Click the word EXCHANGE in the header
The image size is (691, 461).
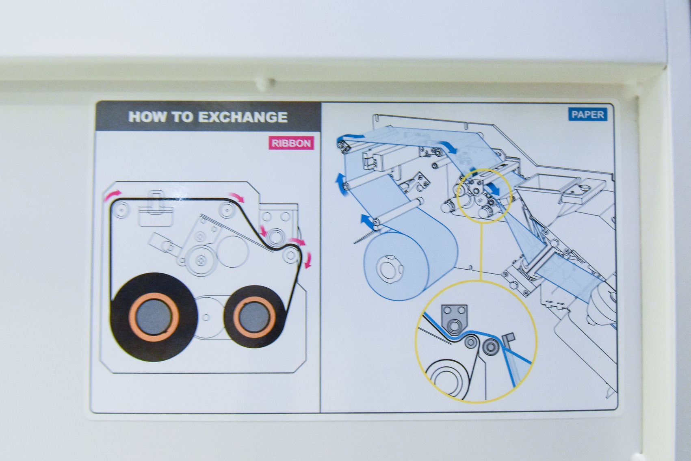(243, 117)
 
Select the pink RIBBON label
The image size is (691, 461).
(291, 143)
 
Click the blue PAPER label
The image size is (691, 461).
(587, 115)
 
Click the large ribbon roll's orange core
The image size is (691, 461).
(154, 316)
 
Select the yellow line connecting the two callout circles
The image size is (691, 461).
(481, 252)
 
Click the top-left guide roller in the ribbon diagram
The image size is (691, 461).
(121, 210)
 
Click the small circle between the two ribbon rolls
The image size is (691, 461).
(206, 317)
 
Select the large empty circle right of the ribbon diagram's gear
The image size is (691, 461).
(232, 252)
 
